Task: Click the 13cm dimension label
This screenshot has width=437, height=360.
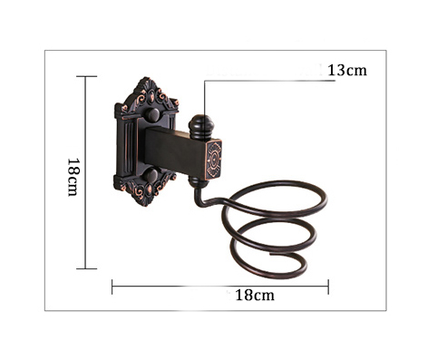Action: tap(347, 71)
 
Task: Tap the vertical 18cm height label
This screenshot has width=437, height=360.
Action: tap(73, 177)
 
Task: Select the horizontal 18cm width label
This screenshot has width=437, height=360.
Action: tap(255, 295)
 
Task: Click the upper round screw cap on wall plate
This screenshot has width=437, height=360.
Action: tap(152, 115)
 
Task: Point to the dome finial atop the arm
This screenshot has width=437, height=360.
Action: tap(201, 126)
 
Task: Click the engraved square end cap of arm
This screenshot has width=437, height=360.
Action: tap(214, 160)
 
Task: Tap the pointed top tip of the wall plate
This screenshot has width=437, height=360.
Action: tap(147, 78)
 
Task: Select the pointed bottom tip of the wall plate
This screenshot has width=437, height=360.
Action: tap(144, 205)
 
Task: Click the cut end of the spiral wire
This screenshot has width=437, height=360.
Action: tap(271, 255)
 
